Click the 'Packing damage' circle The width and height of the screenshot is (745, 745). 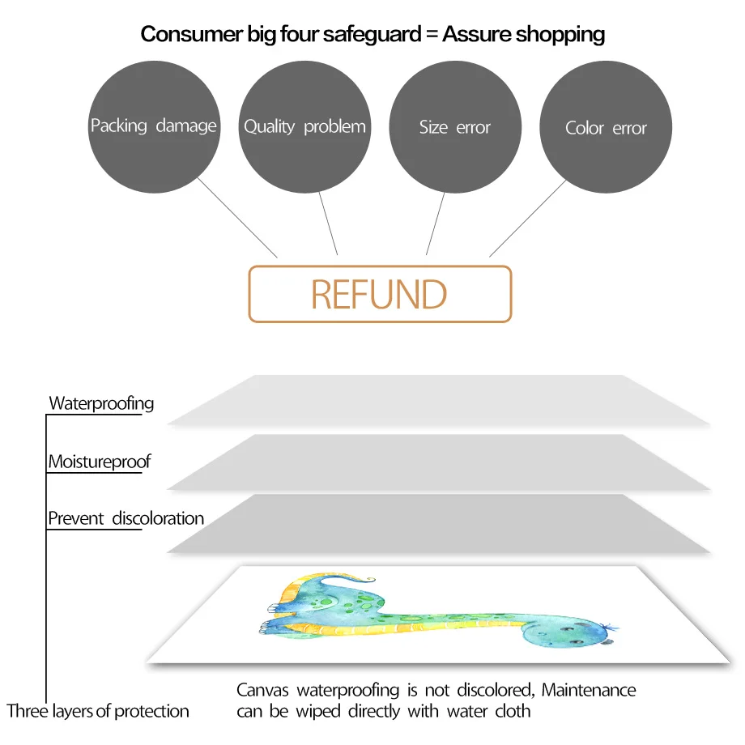point(153,127)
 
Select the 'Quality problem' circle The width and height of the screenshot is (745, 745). point(304,127)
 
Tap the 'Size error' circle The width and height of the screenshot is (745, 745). point(455,127)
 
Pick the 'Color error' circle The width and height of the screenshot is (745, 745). point(606,128)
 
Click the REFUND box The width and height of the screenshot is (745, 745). point(380,294)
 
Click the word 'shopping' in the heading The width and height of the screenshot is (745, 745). point(560,34)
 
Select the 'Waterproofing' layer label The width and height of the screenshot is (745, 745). point(101,403)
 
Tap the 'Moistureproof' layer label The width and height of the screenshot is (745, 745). point(100,462)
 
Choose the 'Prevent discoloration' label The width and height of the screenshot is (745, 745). point(126,518)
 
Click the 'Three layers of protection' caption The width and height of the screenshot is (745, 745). point(98,712)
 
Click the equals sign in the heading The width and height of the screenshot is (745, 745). point(428,35)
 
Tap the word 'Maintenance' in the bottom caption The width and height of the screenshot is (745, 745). point(589,691)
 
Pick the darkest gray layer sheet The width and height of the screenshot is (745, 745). point(437,525)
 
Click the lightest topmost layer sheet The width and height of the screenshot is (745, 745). point(437,400)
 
